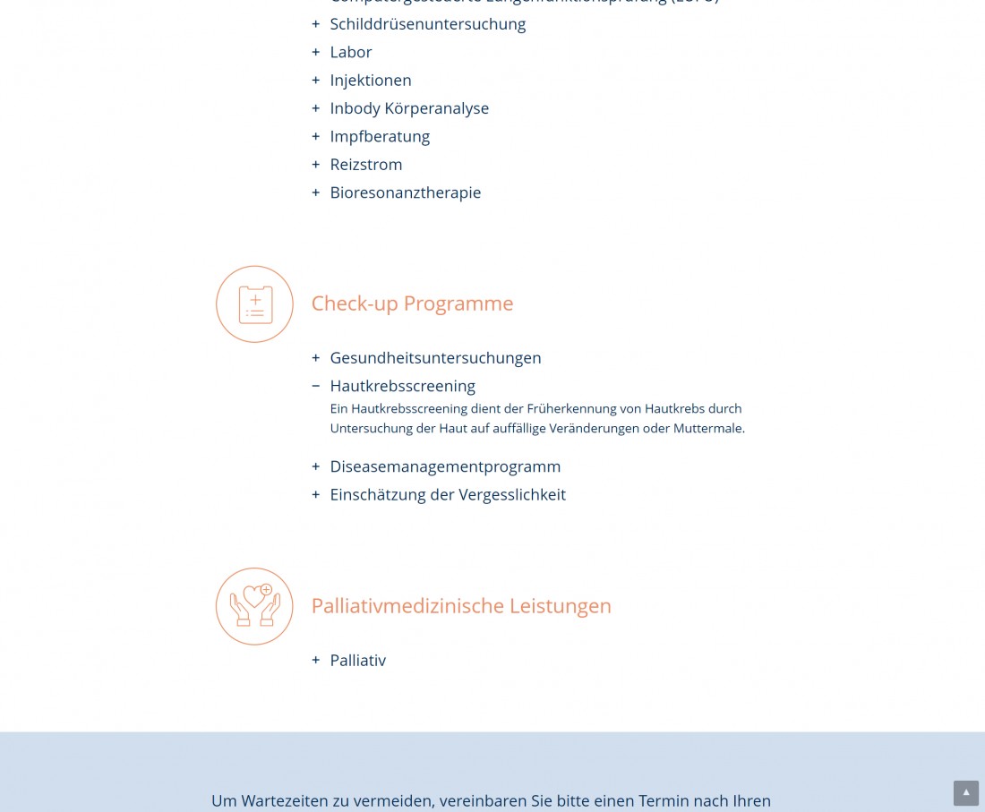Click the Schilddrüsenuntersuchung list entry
(x=427, y=24)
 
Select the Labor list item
(x=350, y=52)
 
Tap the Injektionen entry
(x=370, y=81)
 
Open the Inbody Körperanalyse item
(x=408, y=108)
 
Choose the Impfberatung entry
(x=379, y=136)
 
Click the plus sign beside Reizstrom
(x=315, y=165)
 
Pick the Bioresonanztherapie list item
(x=405, y=192)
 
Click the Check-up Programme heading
(x=412, y=303)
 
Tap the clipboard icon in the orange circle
(x=254, y=304)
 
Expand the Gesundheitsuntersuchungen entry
(x=435, y=358)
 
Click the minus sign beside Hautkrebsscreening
(x=315, y=386)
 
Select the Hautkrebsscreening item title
(x=402, y=386)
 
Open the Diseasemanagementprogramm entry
(x=444, y=466)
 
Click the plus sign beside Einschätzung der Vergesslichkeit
(x=315, y=494)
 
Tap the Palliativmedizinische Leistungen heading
(x=460, y=606)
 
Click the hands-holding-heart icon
(x=254, y=606)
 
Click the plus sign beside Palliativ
(x=315, y=661)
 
